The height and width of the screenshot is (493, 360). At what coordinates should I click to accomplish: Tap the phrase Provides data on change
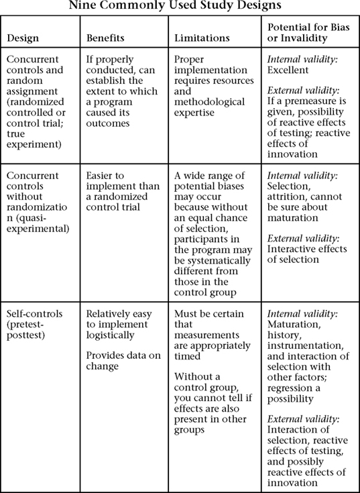point(118,359)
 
